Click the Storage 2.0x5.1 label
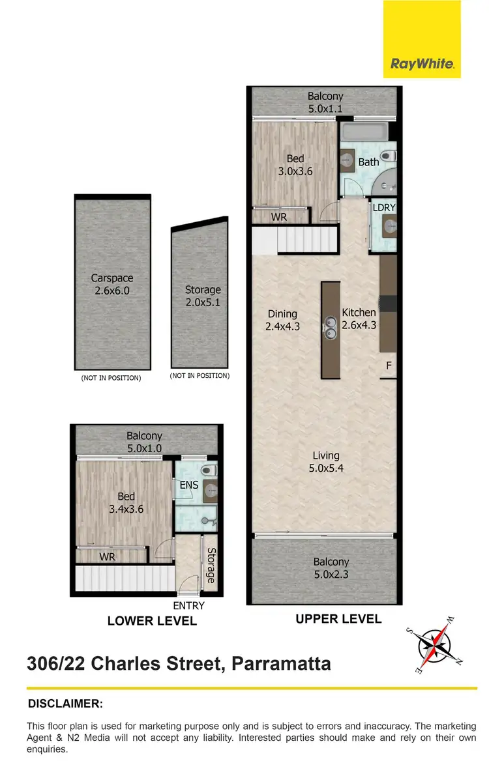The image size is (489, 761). pyautogui.click(x=203, y=296)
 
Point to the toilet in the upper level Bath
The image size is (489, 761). pyautogui.click(x=389, y=156)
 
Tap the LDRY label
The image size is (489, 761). pyautogui.click(x=383, y=208)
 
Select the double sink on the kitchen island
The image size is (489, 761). pyautogui.click(x=331, y=329)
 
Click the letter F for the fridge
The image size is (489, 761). pyautogui.click(x=389, y=366)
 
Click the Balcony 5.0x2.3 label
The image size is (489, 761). pyautogui.click(x=331, y=567)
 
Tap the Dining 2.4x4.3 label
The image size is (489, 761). pyautogui.click(x=282, y=320)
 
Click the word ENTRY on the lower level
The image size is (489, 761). pyautogui.click(x=188, y=605)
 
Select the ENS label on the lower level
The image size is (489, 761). pyautogui.click(x=188, y=485)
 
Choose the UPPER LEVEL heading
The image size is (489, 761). pyautogui.click(x=338, y=619)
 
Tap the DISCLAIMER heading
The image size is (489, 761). pyautogui.click(x=65, y=704)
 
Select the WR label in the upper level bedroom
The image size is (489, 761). pyautogui.click(x=279, y=217)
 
